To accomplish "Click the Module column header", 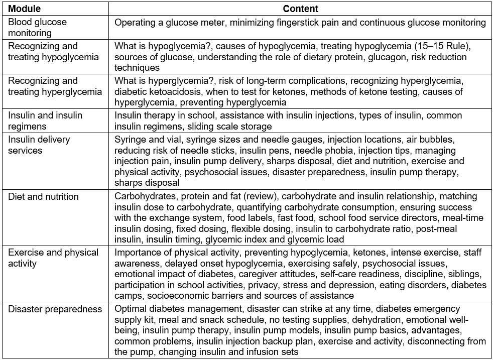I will [x=25, y=9].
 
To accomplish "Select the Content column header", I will [x=300, y=9].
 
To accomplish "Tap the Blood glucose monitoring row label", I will [x=37, y=28].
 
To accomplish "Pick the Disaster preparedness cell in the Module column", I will [x=55, y=309].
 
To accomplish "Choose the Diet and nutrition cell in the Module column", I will [x=43, y=196].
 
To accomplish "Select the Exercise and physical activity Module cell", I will [x=53, y=258].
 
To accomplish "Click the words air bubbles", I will [x=429, y=139].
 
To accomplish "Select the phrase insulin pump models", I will [x=279, y=331].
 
